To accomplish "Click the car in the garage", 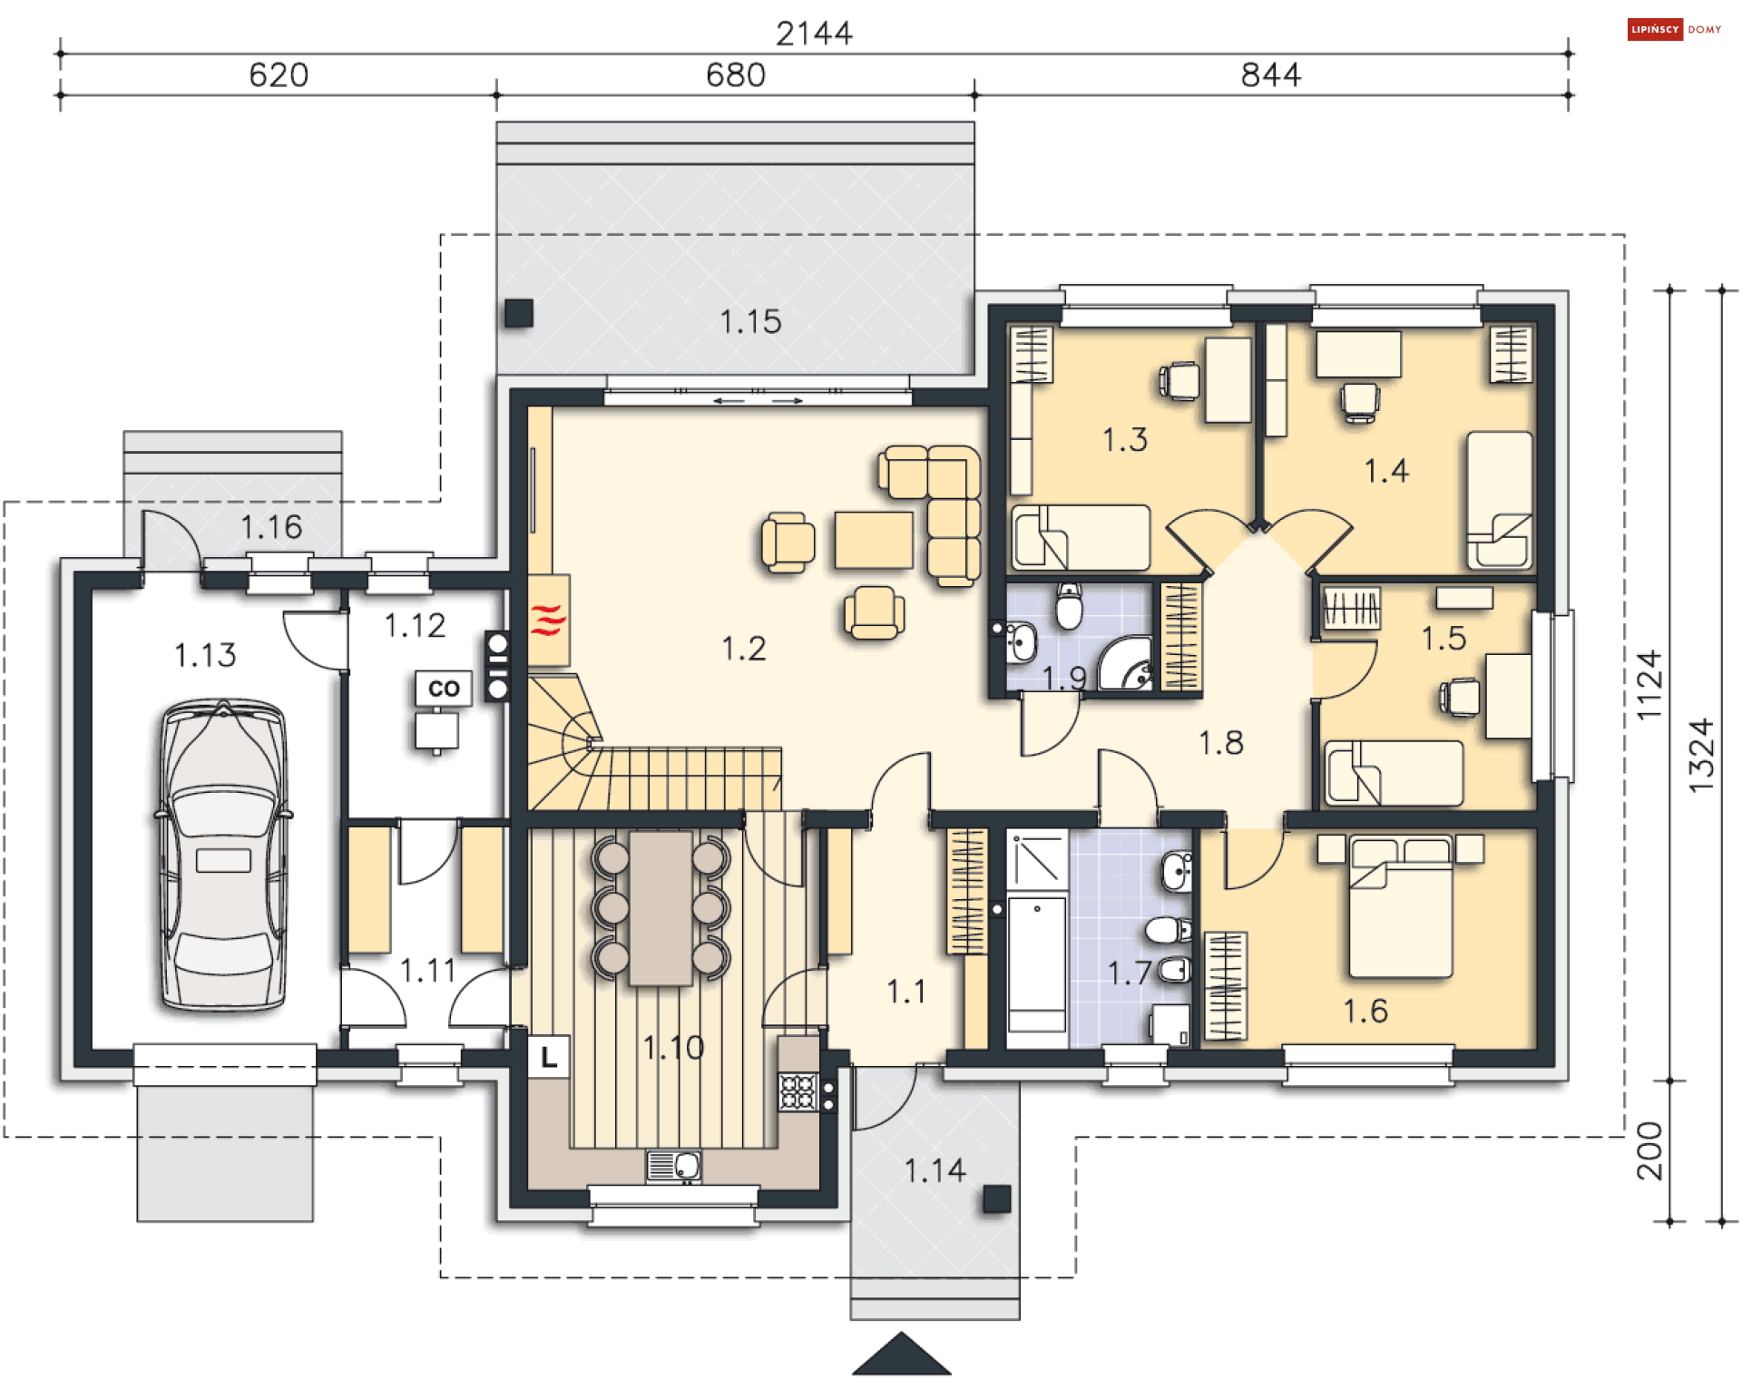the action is [x=223, y=854].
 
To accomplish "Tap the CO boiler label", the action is [x=444, y=688].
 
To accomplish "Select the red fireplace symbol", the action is [x=548, y=620].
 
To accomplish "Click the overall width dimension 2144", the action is [x=814, y=34].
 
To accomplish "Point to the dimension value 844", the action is [x=1270, y=74].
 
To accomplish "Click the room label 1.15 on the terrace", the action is [x=750, y=321].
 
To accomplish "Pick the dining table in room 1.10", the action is [x=661, y=908].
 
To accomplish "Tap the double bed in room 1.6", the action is [x=1401, y=907].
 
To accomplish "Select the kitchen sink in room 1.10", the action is [x=673, y=1166].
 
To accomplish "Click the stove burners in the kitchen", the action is [x=798, y=1091].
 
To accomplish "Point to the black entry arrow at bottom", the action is [x=901, y=1353].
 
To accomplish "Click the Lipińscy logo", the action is [x=1674, y=29].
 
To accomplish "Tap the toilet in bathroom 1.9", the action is [x=1070, y=606].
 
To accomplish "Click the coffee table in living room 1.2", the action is [x=874, y=540].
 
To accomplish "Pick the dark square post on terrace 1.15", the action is [x=519, y=313].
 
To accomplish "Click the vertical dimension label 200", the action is [x=1650, y=1150].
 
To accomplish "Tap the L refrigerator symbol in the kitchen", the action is [x=548, y=1057].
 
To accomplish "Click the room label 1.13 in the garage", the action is [x=205, y=655].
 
